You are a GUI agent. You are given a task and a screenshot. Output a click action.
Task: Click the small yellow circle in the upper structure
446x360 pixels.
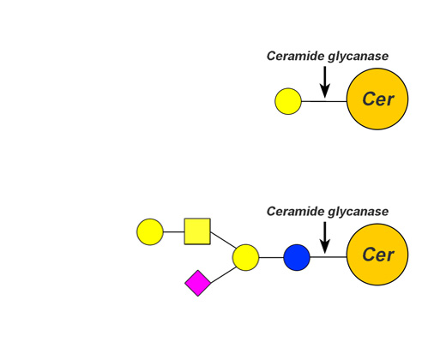(x=288, y=101)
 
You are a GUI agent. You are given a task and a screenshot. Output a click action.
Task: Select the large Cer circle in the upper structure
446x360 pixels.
(x=377, y=99)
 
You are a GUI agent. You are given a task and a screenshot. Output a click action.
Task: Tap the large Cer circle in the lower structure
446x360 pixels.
(x=377, y=255)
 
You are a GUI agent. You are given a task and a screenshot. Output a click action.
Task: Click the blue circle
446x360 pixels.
(x=297, y=257)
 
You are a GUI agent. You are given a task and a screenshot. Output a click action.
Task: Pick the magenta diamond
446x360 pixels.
(x=198, y=283)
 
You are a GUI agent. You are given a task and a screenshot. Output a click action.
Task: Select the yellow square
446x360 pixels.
(x=197, y=231)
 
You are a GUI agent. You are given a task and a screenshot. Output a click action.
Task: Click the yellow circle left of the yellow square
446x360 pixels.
(x=150, y=232)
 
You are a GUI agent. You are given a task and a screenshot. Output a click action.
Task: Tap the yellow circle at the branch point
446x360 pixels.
(x=246, y=257)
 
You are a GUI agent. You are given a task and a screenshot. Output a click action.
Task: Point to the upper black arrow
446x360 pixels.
(x=325, y=82)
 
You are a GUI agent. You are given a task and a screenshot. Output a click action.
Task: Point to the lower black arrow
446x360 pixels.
(x=325, y=237)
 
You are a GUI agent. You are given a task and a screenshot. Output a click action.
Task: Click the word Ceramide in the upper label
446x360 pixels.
(x=296, y=56)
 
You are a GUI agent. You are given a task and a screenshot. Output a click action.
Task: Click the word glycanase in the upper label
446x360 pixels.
(x=359, y=57)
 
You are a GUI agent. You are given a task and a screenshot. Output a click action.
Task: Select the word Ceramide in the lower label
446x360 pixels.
(x=296, y=212)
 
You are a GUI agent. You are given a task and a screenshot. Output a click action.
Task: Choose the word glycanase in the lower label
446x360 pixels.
(x=359, y=212)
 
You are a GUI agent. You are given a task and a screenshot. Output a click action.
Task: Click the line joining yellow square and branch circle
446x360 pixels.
(x=224, y=240)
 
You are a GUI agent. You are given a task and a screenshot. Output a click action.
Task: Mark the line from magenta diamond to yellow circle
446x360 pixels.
(x=223, y=275)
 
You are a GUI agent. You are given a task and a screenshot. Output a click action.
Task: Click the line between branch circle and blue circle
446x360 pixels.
(x=271, y=257)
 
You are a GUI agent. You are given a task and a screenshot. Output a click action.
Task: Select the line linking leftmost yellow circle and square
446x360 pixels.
(x=174, y=231)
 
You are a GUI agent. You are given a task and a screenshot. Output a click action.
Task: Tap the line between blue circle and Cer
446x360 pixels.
(x=328, y=257)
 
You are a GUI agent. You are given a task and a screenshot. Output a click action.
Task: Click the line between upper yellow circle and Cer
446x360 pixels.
(x=324, y=101)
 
